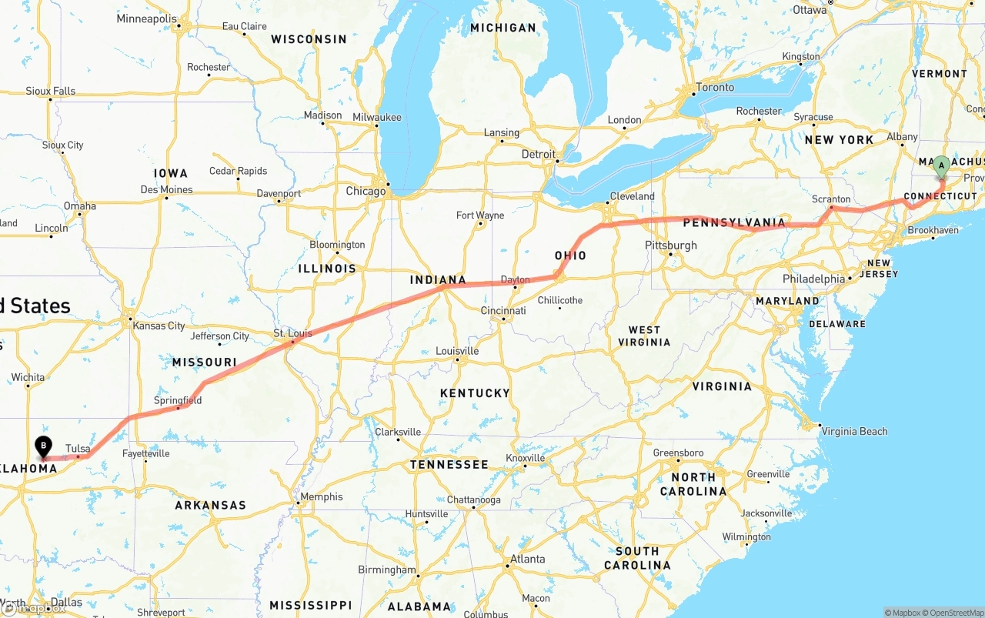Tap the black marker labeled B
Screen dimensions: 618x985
coord(44,446)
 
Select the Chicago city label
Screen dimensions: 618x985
coord(366,191)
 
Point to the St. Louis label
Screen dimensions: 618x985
coord(293,333)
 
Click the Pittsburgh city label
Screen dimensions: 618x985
coord(671,246)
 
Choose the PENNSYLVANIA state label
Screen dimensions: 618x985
coord(734,223)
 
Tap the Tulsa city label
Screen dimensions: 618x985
coord(78,449)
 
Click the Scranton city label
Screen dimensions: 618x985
coord(831,199)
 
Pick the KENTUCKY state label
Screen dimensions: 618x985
coord(475,393)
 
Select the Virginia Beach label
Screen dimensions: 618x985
coord(854,431)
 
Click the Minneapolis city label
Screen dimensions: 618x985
coord(146,18)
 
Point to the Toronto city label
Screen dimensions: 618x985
coord(715,87)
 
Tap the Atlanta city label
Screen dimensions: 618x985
coord(527,559)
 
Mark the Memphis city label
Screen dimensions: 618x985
coord(322,496)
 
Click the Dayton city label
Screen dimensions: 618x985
coord(515,279)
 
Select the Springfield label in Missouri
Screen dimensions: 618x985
coord(178,400)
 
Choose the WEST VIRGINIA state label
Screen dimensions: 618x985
coord(644,336)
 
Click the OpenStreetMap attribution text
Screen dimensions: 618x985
coord(957,613)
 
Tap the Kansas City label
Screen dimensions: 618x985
coord(159,326)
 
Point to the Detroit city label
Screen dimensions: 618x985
coord(539,154)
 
